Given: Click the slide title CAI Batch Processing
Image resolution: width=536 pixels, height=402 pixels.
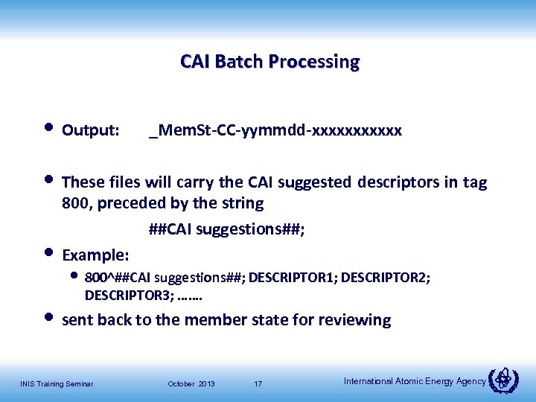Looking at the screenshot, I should tap(269, 61).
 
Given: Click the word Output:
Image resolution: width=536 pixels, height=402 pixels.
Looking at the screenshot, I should tap(90, 131).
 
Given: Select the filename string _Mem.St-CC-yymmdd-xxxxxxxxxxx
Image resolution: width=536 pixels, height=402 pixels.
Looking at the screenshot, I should tap(275, 131).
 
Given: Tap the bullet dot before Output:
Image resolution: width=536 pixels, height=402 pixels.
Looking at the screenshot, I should tap(49, 129).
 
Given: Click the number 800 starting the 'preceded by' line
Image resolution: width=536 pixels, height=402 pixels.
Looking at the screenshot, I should tap(75, 203).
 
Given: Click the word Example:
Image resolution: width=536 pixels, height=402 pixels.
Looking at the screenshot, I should tap(96, 255).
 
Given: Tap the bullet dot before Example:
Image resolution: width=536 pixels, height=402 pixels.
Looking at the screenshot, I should tap(49, 252).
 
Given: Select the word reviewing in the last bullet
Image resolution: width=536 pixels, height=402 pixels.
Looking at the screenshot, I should tap(354, 320).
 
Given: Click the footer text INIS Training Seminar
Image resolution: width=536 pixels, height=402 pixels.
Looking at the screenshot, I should tap(57, 383).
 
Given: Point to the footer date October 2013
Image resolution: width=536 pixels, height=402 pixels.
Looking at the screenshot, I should tap(191, 383).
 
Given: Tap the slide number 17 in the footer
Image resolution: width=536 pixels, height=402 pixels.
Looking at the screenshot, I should tap(258, 383).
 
